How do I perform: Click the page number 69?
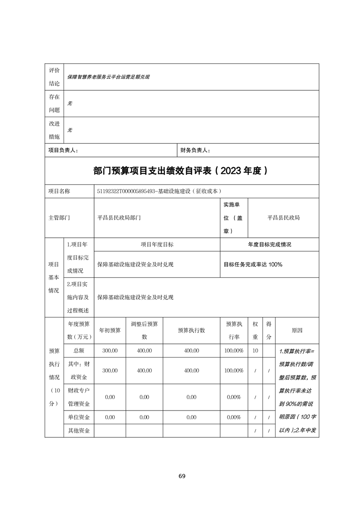182,476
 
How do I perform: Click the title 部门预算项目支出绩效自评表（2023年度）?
182,171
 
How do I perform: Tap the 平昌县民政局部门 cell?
119,218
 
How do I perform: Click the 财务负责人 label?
195,150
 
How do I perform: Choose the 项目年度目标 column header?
157,244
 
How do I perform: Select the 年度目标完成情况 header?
269,244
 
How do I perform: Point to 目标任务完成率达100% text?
253,264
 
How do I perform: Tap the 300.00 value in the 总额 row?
110,351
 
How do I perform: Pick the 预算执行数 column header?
191,330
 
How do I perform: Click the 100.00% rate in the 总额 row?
234,351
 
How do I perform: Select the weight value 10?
255,351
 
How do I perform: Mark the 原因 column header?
297,330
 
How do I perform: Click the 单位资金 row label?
79,417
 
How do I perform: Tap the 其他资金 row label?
79,430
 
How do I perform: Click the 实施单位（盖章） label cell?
233,218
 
